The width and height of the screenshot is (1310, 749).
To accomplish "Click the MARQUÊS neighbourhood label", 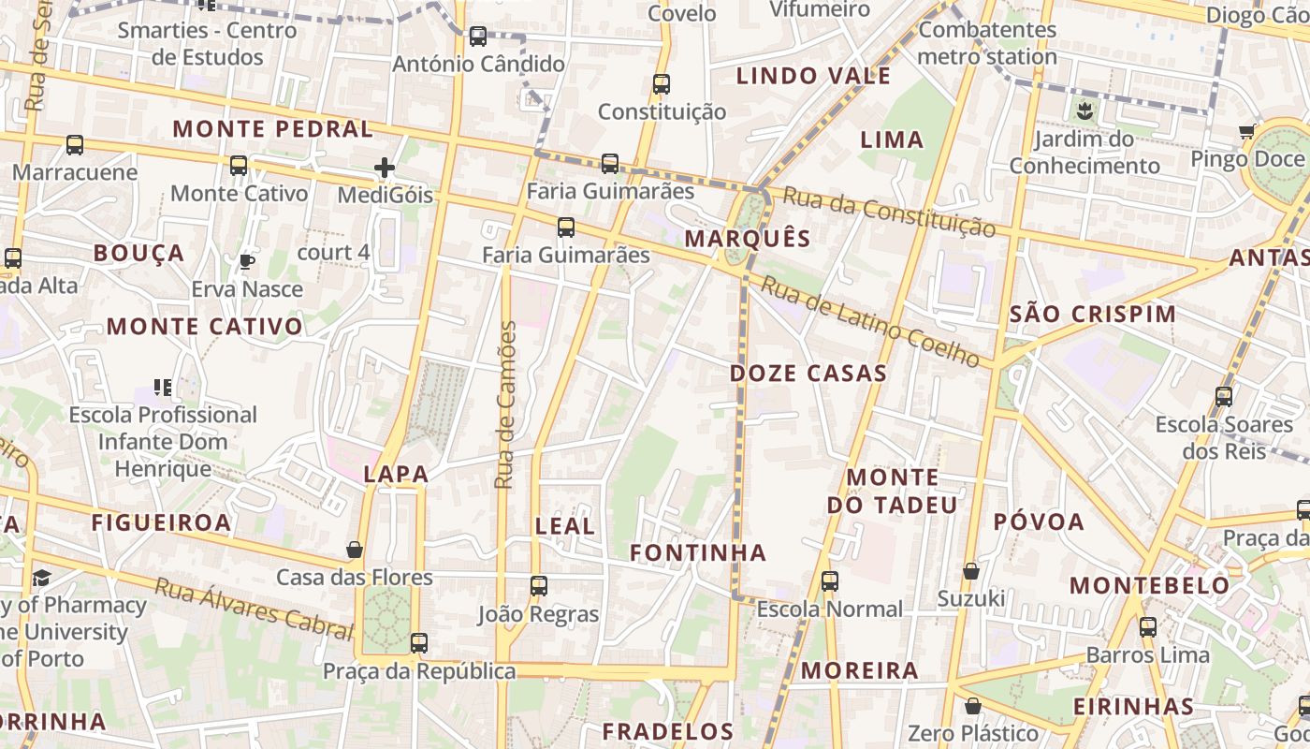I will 747,238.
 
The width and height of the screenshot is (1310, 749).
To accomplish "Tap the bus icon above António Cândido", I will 478,37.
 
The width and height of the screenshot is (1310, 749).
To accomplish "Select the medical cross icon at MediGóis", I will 385,168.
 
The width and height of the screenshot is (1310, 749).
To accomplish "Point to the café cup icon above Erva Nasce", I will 247,261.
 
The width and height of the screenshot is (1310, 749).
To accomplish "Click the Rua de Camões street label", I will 505,404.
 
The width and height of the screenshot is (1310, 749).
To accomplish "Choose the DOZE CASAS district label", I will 808,374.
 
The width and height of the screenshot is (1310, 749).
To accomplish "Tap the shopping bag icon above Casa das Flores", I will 355,550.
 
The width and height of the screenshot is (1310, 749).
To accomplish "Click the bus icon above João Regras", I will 538,586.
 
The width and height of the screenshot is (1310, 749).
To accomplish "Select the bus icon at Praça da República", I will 419,643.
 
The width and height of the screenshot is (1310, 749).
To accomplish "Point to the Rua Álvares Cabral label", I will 253,609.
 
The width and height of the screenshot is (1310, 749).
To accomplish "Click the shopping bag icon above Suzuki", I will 971,571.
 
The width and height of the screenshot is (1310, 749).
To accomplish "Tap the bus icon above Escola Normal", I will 830,581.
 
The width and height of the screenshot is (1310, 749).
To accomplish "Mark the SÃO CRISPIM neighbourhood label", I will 1093,314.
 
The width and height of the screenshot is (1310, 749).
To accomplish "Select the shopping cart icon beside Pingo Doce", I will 1246,131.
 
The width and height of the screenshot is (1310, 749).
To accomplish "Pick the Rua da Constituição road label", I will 889,212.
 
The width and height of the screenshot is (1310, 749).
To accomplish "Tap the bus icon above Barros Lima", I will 1148,627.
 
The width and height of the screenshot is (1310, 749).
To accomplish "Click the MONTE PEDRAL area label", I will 273,129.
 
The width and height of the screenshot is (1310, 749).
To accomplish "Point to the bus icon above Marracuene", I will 75,145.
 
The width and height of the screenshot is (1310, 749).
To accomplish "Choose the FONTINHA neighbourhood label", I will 698,553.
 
